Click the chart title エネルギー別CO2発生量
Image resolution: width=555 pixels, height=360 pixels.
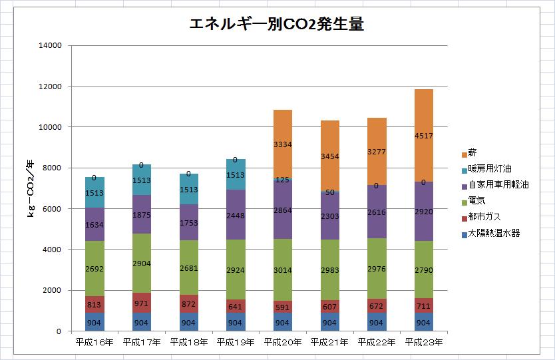pos(276,25)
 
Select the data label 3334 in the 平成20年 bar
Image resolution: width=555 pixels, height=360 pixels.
pos(282,144)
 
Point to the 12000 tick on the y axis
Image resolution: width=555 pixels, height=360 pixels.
pos(50,87)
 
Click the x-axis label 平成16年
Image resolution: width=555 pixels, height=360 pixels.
pos(94,343)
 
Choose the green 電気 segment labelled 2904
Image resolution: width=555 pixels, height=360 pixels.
pos(141,263)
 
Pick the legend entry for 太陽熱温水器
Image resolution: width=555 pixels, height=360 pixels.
pos(493,234)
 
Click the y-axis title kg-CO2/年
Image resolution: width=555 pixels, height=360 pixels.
pos(31,188)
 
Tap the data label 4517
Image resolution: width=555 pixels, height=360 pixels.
pos(423,136)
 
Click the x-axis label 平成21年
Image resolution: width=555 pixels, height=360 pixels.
pos(329,343)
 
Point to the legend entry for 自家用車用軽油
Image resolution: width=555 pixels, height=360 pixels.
pos(498,185)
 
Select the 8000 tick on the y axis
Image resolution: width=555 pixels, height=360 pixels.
pos(53,168)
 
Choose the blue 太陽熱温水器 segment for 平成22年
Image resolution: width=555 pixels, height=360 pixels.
pos(377,321)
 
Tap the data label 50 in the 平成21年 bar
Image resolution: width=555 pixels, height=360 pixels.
pos(329,192)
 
